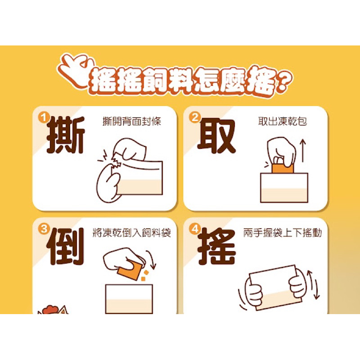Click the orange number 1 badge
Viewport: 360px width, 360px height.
click(43, 118)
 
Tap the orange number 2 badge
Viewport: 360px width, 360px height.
click(194, 117)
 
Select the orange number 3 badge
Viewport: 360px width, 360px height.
click(43, 229)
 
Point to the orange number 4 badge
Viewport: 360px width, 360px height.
click(195, 229)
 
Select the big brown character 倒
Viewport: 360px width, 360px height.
click(65, 246)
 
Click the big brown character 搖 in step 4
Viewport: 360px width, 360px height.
click(217, 246)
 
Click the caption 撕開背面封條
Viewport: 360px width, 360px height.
click(131, 121)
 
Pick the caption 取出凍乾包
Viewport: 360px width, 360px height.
click(283, 121)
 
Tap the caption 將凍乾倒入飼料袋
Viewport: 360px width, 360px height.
click(131, 233)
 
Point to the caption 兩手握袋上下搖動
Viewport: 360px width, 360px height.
click(283, 233)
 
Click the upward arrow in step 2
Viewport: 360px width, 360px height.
click(303, 150)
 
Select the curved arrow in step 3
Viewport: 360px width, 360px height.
click(152, 259)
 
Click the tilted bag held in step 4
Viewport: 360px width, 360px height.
click(275, 288)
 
